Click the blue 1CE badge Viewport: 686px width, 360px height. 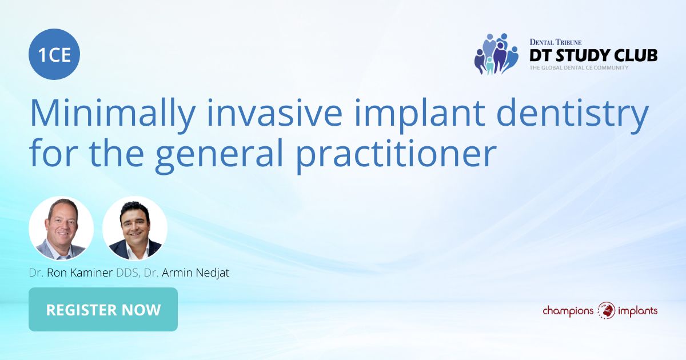click(x=54, y=54)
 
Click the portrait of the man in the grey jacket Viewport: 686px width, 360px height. click(x=61, y=229)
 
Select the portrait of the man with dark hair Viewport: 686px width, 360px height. click(x=135, y=229)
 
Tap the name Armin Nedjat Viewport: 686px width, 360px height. click(x=196, y=273)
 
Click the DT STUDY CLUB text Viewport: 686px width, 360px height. click(x=593, y=55)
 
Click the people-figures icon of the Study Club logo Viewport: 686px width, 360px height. click(x=496, y=54)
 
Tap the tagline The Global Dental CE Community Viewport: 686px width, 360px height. click(x=579, y=67)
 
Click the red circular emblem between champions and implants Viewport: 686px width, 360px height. click(x=606, y=310)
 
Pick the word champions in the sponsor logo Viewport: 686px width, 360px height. click(x=568, y=311)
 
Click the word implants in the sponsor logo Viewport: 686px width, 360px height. click(x=637, y=311)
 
